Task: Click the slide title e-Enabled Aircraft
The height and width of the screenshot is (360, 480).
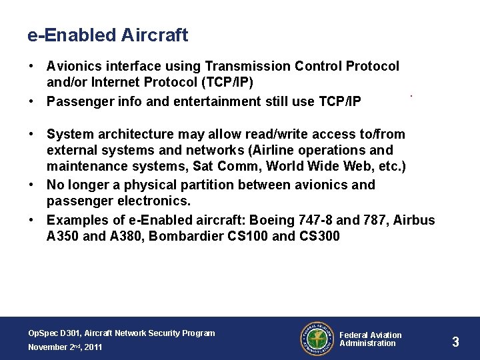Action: [x=108, y=35]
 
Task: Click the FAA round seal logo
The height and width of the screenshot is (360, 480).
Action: [x=316, y=339]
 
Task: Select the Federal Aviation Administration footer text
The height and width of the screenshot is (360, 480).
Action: [x=371, y=339]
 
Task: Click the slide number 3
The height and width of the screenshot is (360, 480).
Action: [x=455, y=342]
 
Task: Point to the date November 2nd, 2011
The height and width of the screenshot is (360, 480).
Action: [x=65, y=347]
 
